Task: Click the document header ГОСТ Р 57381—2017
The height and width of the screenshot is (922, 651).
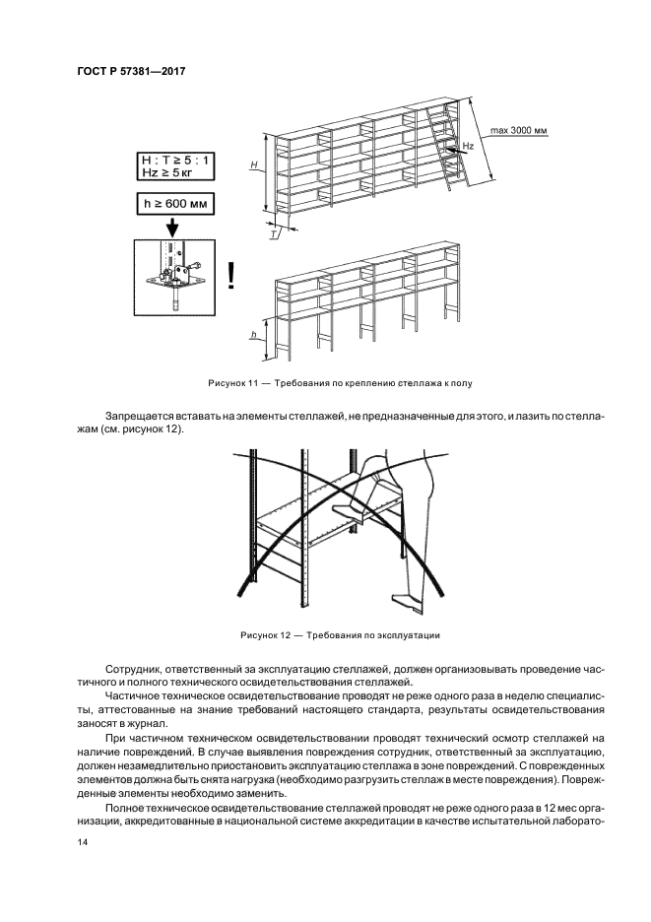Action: pyautogui.click(x=131, y=72)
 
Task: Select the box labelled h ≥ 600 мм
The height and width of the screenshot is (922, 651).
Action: pyautogui.click(x=174, y=204)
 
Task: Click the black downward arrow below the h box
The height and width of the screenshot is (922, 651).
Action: pyautogui.click(x=171, y=226)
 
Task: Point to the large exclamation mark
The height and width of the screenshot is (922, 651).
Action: pyautogui.click(x=230, y=275)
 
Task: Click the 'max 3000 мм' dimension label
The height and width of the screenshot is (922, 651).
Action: pyautogui.click(x=515, y=130)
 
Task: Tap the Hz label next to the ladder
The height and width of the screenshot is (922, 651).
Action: pyautogui.click(x=469, y=145)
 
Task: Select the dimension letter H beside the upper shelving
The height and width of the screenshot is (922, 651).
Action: pyautogui.click(x=253, y=165)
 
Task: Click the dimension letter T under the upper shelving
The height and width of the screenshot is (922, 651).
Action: pyautogui.click(x=273, y=235)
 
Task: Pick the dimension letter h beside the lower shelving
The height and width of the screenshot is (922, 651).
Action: pyautogui.click(x=253, y=335)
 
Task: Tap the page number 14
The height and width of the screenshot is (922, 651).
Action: pyautogui.click(x=83, y=842)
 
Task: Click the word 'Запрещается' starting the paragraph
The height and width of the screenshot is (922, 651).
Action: pyautogui.click(x=136, y=417)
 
